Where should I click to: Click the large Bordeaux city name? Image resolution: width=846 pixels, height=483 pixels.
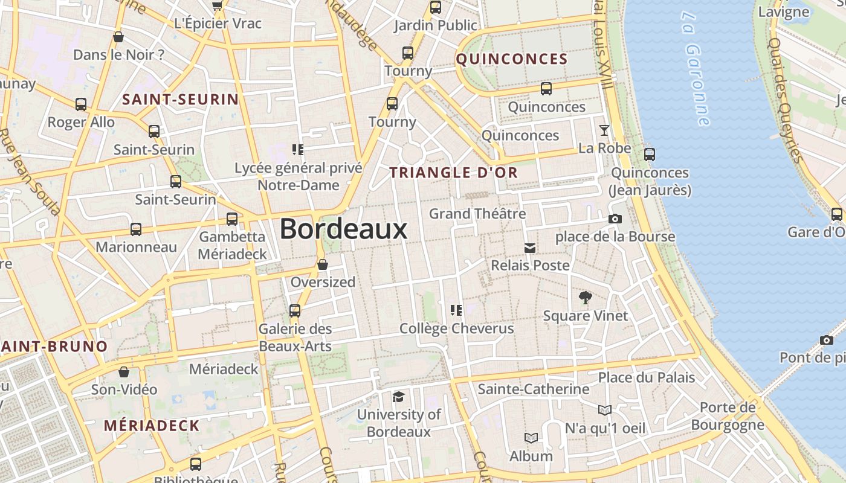pos(343,230)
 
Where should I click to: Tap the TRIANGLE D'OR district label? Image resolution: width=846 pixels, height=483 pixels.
pos(453,173)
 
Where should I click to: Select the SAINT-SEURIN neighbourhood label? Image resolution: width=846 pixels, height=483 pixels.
pos(181,100)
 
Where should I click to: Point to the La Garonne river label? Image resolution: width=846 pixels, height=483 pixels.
pos(697,68)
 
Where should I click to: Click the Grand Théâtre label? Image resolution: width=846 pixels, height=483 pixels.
pos(477,214)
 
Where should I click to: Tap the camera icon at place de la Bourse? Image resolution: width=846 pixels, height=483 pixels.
pos(615,219)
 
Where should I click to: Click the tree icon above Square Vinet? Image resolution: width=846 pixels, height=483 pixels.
pos(585,297)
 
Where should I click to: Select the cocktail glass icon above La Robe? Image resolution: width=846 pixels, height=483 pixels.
pos(604,130)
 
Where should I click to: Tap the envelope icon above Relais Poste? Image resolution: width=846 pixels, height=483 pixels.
pos(530,248)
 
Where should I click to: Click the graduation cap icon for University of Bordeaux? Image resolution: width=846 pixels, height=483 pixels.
pos(398,397)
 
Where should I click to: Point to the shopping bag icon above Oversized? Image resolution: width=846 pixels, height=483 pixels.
pos(323,264)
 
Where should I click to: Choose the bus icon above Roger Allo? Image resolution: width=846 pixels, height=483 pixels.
pos(81,104)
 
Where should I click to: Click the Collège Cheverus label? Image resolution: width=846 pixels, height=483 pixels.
pos(457,329)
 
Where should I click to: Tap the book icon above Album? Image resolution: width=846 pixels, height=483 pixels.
pos(531,438)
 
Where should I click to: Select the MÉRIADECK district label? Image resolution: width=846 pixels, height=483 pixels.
pos(151,426)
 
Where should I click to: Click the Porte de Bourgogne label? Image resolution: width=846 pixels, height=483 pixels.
pos(728,416)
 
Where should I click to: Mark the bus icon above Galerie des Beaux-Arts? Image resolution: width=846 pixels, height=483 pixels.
pos(295,311)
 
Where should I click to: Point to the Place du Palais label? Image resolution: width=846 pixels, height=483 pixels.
pos(647,378)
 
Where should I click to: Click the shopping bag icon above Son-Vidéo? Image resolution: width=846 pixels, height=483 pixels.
pos(124,372)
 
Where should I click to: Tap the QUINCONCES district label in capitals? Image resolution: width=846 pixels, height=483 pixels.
pos(511,59)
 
